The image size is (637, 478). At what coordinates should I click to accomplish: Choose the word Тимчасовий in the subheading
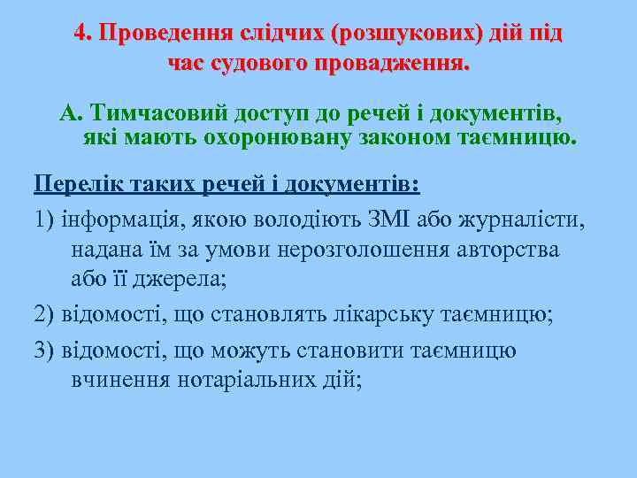[159, 114]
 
